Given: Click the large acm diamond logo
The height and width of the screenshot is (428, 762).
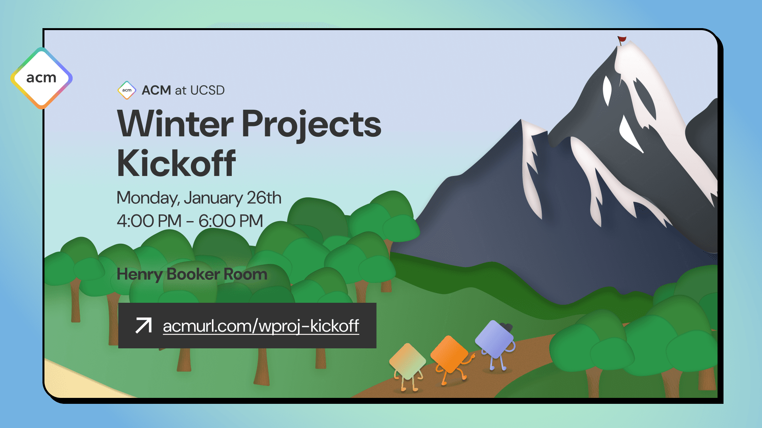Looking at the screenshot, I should tap(41, 78).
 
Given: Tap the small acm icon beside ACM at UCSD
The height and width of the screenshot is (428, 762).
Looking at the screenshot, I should tap(127, 90).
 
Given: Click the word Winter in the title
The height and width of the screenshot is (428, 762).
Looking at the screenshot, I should tap(175, 124).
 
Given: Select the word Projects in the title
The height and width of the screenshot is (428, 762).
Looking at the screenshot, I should tap(311, 124).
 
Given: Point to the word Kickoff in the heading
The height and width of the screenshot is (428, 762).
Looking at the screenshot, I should tap(176, 163).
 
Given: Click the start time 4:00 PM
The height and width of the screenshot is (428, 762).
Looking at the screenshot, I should tap(149, 221).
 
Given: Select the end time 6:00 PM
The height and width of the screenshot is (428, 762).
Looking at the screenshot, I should tap(231, 221).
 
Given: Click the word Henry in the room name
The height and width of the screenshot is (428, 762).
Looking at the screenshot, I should tap(139, 274).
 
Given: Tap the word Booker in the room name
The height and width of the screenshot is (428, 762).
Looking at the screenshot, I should tap(193, 274).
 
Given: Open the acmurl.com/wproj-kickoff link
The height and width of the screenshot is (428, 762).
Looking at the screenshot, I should tap(261, 326).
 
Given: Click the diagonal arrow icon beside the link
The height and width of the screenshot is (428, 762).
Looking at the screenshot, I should tap(143, 326).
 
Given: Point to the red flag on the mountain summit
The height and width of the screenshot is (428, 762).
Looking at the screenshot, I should tap(622, 39).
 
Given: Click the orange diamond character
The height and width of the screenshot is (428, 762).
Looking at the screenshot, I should tap(450, 355).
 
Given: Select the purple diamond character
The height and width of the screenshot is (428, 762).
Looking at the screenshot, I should tap(494, 340).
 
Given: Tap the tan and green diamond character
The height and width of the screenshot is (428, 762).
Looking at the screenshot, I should tap(407, 361).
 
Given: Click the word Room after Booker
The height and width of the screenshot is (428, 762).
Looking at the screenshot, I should tap(245, 274).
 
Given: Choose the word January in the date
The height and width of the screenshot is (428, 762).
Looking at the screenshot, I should tap(213, 198).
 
